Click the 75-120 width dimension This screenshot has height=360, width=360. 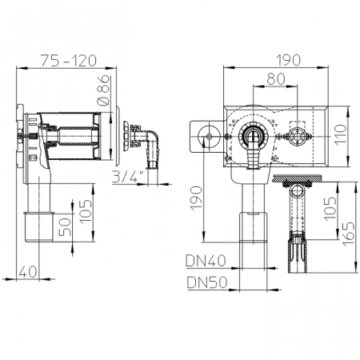68,61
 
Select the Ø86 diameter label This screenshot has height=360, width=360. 103,90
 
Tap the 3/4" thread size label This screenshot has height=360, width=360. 127,176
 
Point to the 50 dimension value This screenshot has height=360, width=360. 65,227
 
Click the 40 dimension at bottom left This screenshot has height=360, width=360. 28,272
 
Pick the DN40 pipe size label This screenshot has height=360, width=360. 206,261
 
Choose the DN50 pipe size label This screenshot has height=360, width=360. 207,282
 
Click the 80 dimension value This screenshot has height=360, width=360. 276,79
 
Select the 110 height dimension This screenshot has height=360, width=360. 341,135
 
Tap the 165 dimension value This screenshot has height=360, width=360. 349,234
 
